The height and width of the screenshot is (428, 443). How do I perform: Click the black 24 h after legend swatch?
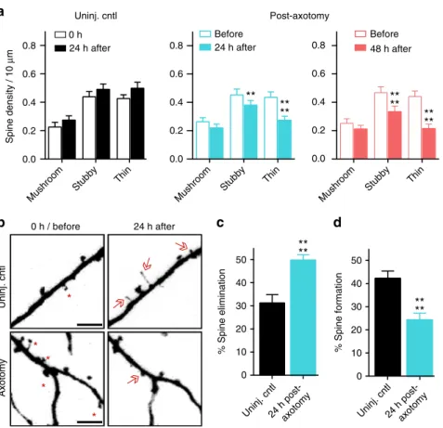[60, 48]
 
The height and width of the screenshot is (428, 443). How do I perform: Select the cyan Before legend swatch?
[205, 34]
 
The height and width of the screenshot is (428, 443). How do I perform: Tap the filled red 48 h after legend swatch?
[360, 48]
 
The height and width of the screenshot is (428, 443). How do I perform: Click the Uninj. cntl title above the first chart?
[96, 16]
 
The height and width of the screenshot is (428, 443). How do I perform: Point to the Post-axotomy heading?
[299, 16]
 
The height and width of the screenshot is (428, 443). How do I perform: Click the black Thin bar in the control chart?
[137, 123]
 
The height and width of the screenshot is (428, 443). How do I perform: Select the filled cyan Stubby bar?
[250, 132]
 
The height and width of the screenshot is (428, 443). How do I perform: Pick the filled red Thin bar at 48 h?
[429, 144]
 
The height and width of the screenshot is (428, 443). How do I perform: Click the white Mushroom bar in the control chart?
[55, 143]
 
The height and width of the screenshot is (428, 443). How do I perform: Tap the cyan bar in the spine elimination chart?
[303, 318]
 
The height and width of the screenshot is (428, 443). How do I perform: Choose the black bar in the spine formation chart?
[387, 327]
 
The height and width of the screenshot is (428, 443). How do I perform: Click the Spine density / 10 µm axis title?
[9, 97]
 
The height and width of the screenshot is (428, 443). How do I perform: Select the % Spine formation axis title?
[339, 312]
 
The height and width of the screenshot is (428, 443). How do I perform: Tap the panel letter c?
[220, 223]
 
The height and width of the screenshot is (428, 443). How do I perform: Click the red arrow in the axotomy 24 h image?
[133, 379]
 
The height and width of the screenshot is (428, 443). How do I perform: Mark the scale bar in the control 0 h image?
[89, 325]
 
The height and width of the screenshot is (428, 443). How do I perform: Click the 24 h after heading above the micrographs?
[154, 227]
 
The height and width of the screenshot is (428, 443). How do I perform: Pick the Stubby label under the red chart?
[377, 178]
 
